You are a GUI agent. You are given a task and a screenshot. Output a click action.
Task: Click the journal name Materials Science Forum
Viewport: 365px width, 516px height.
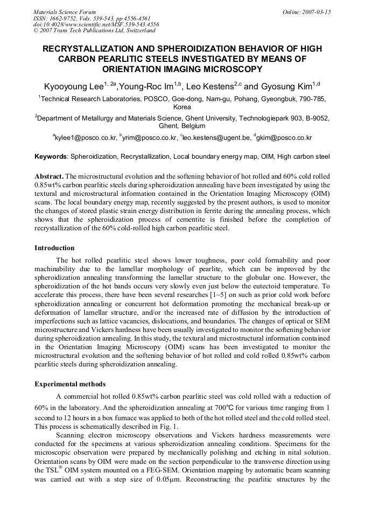click(x=65, y=12)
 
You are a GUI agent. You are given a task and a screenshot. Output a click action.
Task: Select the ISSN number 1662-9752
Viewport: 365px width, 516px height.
click(x=62, y=18)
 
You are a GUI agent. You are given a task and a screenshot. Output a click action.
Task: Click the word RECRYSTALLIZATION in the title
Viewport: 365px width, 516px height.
click(x=93, y=49)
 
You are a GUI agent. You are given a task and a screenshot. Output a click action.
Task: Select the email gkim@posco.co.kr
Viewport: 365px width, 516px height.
click(x=284, y=138)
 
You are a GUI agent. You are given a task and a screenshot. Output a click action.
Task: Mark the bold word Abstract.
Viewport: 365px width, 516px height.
click(x=49, y=176)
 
